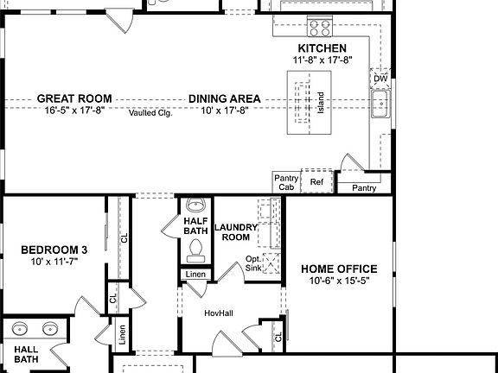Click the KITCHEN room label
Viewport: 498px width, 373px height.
point(322,48)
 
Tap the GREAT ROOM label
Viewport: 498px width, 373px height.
point(73,99)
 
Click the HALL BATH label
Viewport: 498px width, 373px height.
point(26,353)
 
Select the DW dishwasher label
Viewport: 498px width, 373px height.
point(380,79)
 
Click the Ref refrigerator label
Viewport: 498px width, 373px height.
point(316,183)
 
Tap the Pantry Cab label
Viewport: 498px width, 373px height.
point(286,182)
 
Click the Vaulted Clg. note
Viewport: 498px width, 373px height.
point(150,113)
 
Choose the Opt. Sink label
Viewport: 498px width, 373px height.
point(253,263)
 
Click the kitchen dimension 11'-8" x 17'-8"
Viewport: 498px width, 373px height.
point(322,60)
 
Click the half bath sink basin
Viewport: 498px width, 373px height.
point(196,205)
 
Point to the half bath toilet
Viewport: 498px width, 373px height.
point(196,250)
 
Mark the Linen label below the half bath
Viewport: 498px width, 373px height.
point(195,275)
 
